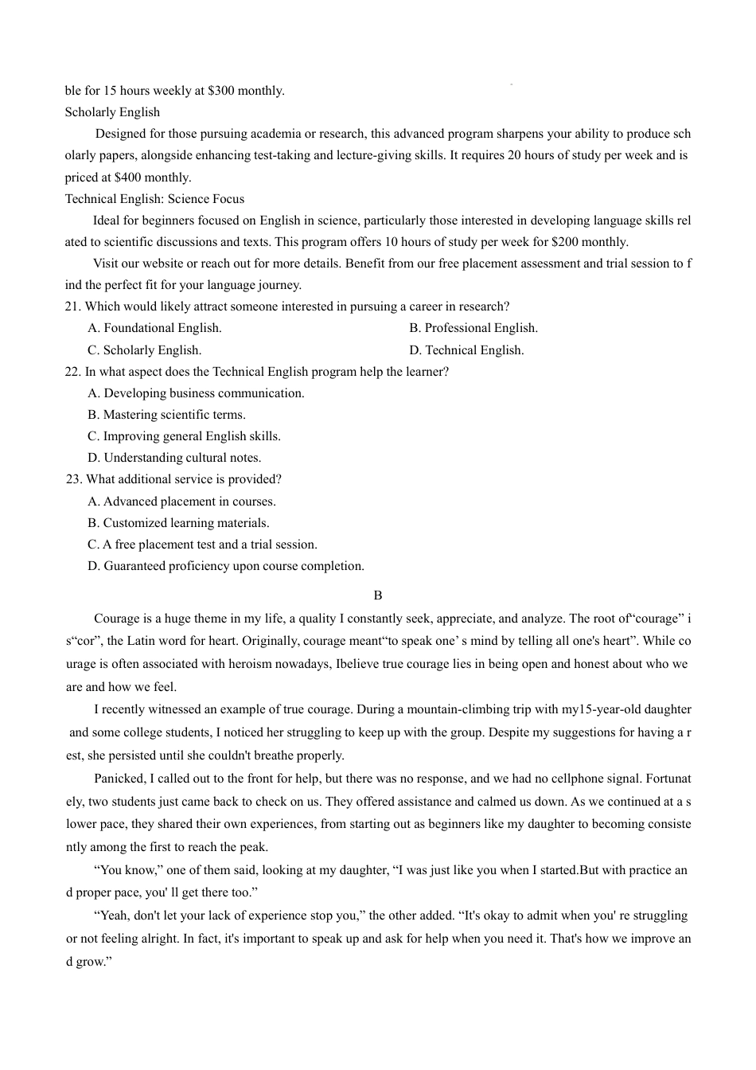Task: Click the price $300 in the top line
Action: point(220,91)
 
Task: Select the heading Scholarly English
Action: point(112,112)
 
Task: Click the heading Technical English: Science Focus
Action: point(154,199)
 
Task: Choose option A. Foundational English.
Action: point(155,328)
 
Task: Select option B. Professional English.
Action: point(473,328)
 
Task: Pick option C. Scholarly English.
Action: point(145,350)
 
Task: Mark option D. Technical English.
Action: point(466,350)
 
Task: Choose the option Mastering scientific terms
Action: point(167,415)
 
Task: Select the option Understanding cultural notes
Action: point(175,458)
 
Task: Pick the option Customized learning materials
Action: point(179,523)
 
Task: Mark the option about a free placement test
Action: point(203,545)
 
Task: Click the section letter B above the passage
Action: point(378,596)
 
